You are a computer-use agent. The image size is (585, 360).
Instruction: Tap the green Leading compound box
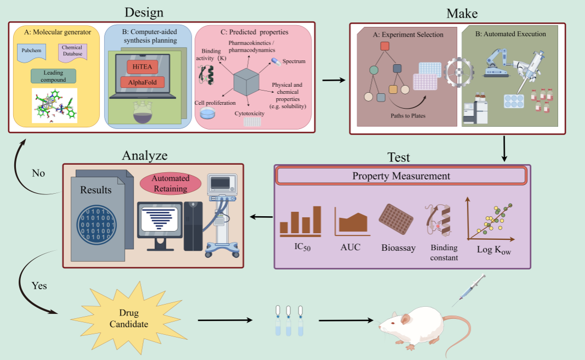click(53, 76)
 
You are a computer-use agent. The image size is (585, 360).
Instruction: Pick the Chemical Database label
click(72, 51)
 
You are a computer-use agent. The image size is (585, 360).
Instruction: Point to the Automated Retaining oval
click(171, 183)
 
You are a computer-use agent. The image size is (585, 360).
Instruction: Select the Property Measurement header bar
click(401, 176)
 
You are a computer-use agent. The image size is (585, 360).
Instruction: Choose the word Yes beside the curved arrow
click(38, 286)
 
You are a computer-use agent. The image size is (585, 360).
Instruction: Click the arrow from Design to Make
click(334, 81)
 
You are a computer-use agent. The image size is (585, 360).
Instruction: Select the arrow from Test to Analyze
click(261, 218)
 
